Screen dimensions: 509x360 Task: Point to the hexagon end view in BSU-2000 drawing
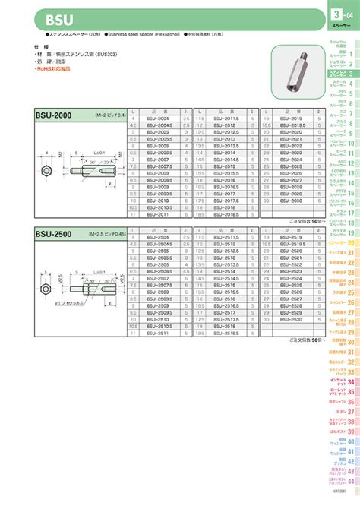click(x=46, y=161)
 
